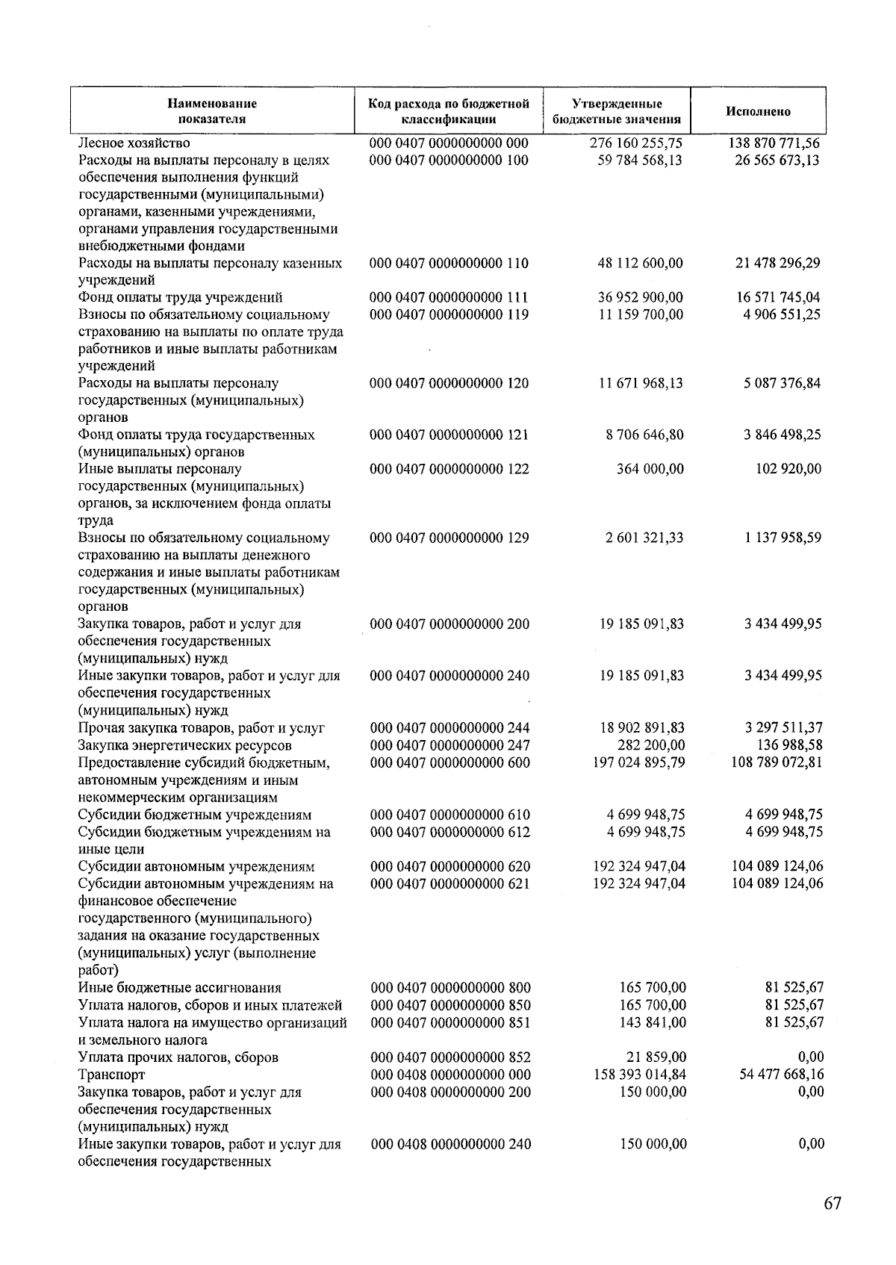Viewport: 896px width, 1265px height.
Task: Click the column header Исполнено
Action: (758, 112)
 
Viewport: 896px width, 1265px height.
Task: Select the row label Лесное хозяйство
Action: (134, 143)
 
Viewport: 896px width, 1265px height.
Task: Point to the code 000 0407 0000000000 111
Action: (449, 297)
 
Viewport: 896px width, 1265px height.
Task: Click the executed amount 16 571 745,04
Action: (778, 297)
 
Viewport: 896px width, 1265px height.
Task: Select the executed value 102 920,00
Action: (785, 469)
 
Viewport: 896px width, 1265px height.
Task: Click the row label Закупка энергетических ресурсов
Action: (184, 745)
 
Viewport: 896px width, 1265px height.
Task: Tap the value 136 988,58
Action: (790, 745)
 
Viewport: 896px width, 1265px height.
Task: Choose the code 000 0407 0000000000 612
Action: (449, 832)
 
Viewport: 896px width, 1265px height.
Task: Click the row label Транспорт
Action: (111, 1075)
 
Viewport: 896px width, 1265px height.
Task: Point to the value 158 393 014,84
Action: (639, 1075)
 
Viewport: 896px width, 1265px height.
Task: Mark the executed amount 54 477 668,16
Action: (782, 1075)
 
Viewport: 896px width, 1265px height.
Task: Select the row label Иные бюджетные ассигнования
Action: (179, 988)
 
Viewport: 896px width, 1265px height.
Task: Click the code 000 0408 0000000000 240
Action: (450, 1144)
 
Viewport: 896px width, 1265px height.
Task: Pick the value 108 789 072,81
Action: (777, 762)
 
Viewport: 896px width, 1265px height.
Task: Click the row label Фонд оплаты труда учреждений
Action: (180, 297)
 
